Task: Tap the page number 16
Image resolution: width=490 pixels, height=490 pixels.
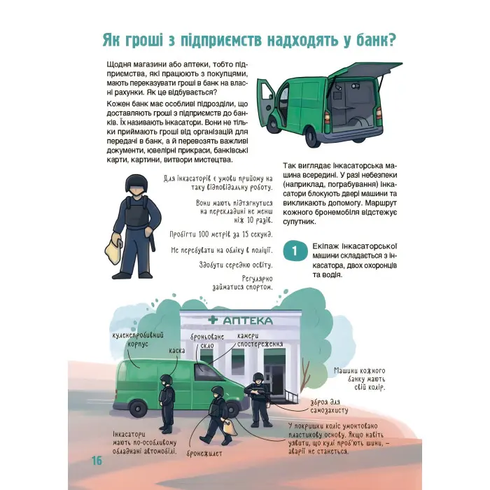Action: pos(96,460)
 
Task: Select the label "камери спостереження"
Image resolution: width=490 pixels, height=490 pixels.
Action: pos(259,341)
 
